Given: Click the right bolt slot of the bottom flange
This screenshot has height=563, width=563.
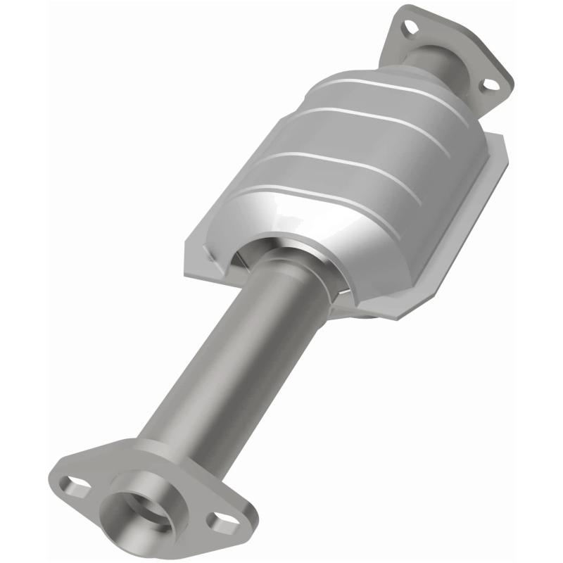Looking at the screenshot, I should pyautogui.click(x=223, y=522).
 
